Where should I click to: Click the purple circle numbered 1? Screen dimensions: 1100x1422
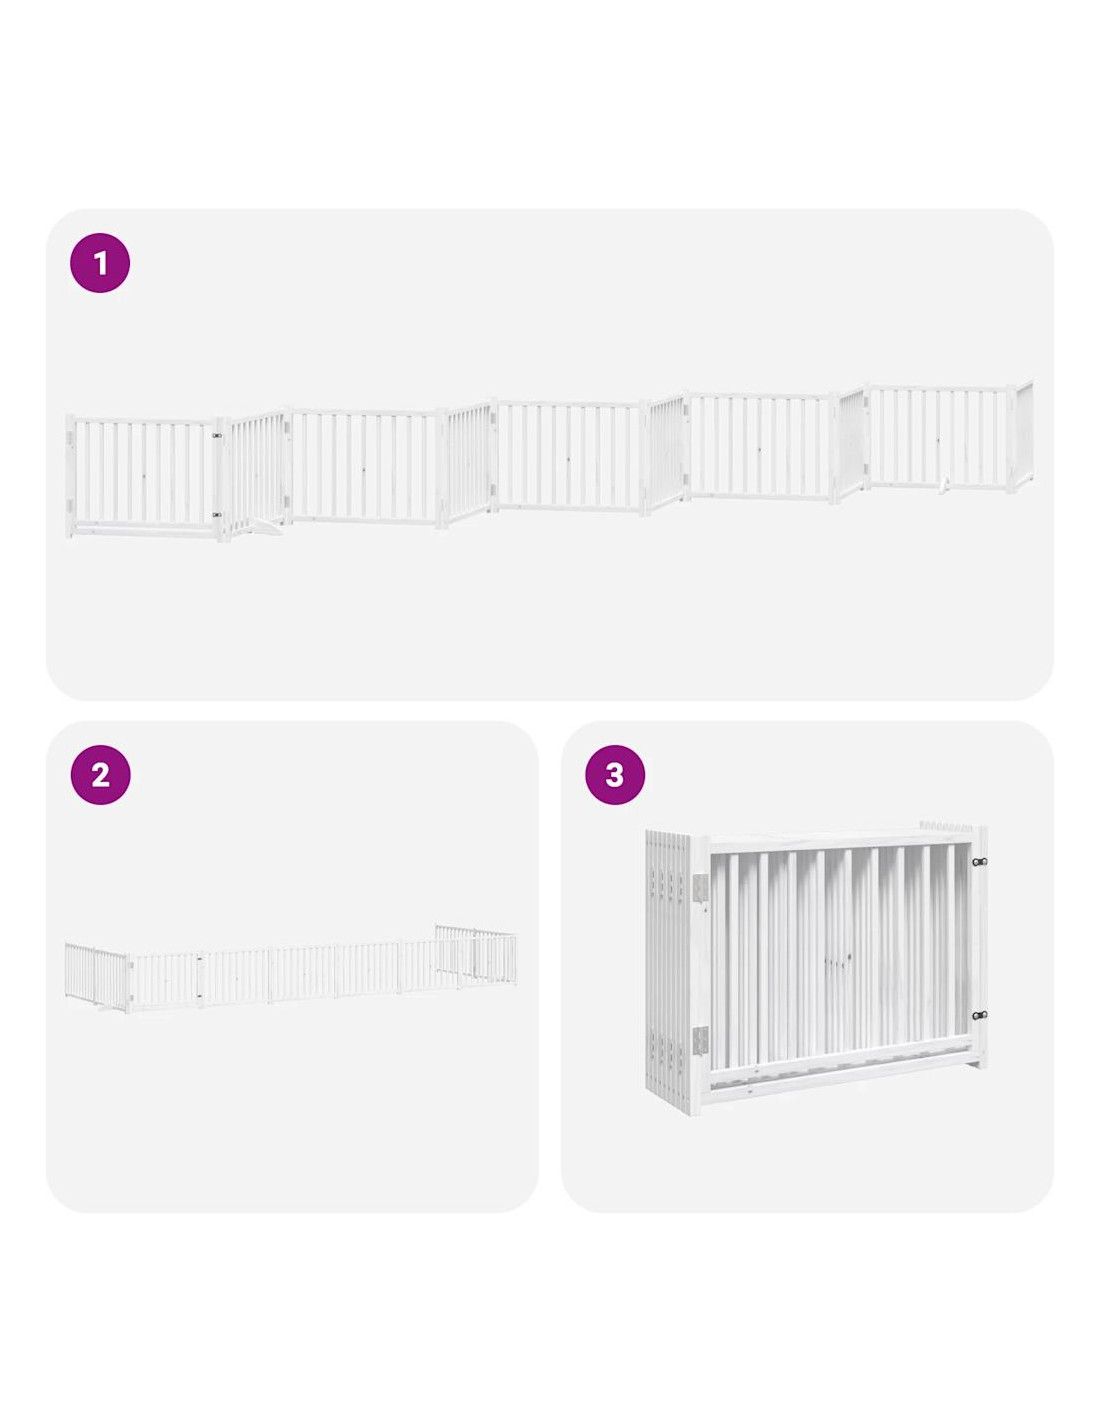(99, 262)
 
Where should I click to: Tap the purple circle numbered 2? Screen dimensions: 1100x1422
(100, 775)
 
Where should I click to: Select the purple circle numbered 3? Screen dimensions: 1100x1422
(614, 775)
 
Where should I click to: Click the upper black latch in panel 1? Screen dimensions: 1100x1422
(216, 435)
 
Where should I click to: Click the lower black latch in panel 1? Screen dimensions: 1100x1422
(216, 515)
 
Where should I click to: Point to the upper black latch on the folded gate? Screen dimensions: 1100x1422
(979, 861)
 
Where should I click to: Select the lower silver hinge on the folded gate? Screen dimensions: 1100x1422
(700, 1039)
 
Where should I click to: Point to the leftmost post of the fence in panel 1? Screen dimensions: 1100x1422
(70, 476)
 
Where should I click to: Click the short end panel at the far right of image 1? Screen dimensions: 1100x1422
(1023, 435)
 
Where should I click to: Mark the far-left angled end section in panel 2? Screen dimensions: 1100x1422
(97, 976)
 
